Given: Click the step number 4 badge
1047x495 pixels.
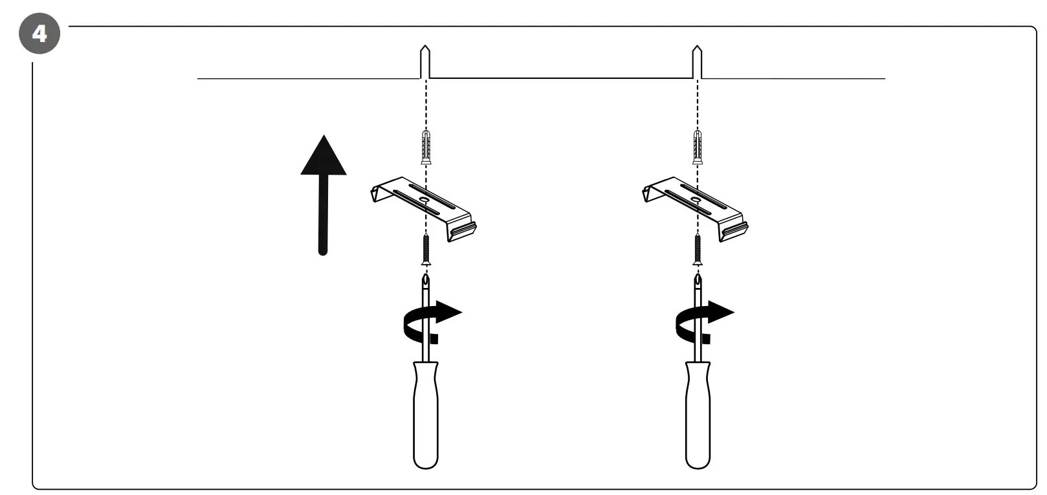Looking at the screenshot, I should tap(39, 32).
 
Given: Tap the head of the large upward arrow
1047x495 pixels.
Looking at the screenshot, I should tap(324, 157).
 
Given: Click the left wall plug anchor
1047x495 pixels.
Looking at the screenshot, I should tap(425, 147).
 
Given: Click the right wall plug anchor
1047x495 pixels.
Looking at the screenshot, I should tap(698, 147).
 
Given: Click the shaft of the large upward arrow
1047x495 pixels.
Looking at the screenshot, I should tap(323, 214).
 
